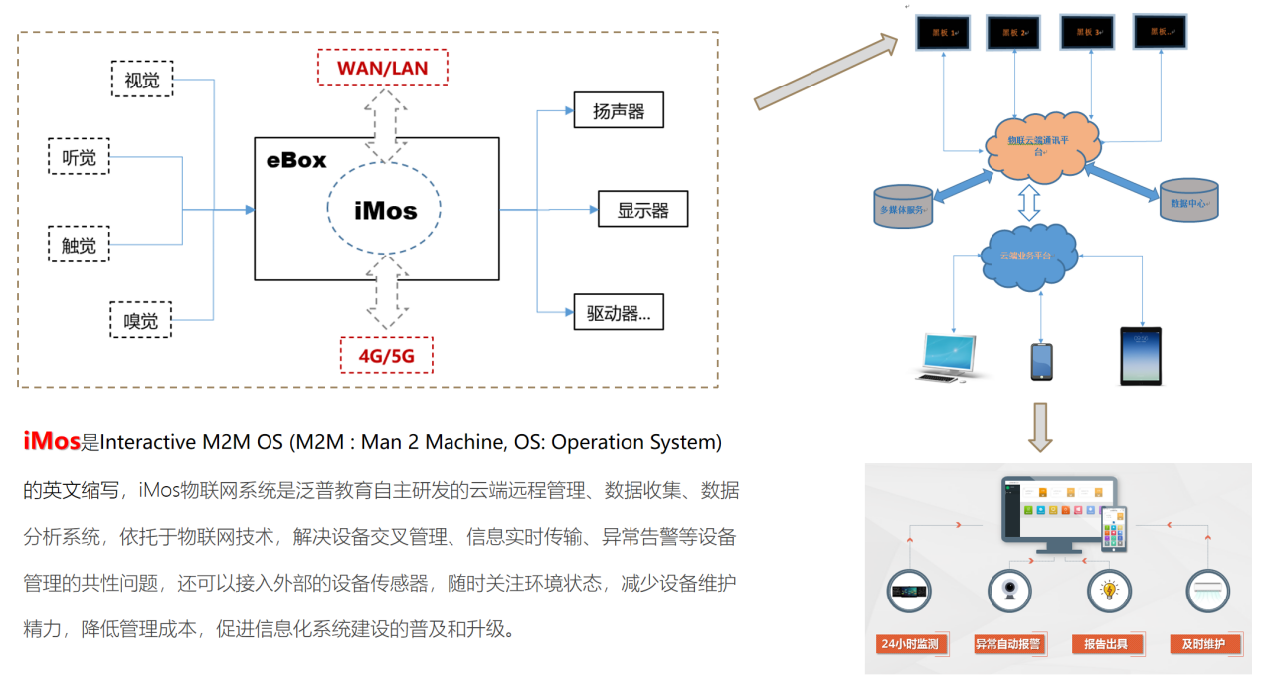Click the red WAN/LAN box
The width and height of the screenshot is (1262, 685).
tap(382, 67)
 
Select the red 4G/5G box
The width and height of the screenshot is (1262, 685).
tap(386, 354)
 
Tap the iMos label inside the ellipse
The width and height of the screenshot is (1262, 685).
tap(386, 210)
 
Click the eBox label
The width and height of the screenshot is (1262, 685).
tap(295, 160)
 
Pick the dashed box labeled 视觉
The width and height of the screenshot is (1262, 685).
tap(142, 79)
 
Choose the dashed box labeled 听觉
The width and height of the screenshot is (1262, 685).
tap(79, 157)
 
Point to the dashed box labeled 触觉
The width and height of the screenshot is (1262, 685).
tap(79, 244)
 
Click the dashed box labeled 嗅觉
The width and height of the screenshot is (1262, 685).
tap(141, 320)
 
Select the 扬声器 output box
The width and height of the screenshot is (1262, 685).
tap(619, 110)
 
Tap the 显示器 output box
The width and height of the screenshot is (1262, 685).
tap(642, 209)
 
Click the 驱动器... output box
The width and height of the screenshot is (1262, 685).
tap(619, 312)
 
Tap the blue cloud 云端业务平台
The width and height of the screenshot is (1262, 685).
tap(1028, 256)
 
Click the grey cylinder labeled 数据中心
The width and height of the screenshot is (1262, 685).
tap(1189, 200)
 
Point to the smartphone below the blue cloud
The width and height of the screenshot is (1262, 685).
tap(1041, 361)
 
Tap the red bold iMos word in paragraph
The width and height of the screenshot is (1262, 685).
tap(52, 441)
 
